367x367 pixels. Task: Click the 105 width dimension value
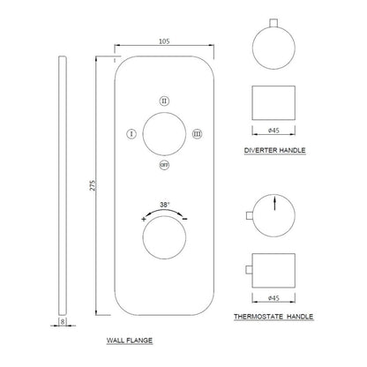[x=164, y=41]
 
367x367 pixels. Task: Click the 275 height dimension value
[x=93, y=185]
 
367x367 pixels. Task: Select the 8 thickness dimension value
[x=63, y=322]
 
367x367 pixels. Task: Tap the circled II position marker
[x=164, y=101]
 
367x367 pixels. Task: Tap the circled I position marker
[x=131, y=134]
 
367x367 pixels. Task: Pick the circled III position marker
[x=197, y=134]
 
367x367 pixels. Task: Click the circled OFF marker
[x=164, y=165]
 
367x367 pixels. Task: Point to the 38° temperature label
[x=165, y=205]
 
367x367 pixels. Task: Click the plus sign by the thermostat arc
[x=144, y=219]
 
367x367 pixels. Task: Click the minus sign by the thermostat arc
[x=185, y=219]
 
